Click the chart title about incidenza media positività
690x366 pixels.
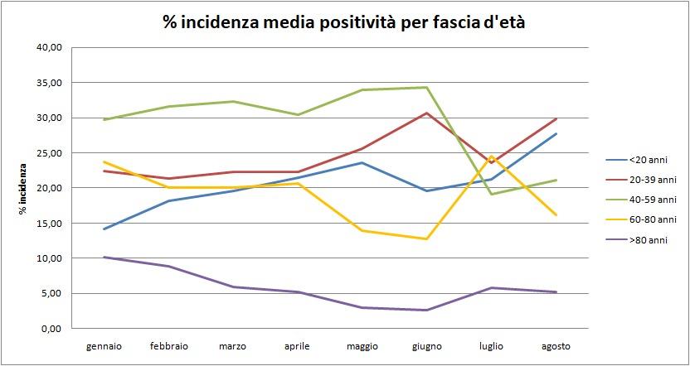344,23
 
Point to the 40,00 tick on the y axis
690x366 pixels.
51,48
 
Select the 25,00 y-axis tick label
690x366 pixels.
51,153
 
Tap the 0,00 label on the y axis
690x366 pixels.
53,329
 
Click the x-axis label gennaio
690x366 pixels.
104,345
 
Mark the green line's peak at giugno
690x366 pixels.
426,87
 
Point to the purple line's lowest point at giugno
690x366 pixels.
426,310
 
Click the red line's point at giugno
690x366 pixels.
426,113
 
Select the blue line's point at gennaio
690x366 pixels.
104,229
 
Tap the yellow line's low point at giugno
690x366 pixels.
426,239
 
